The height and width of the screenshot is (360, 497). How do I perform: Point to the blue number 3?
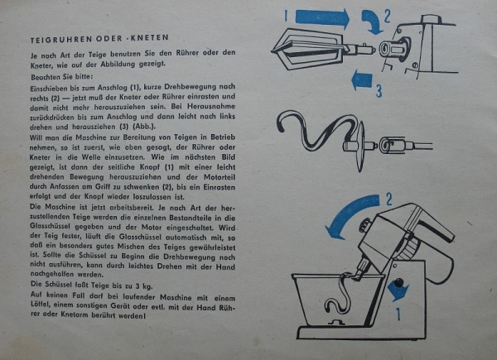pyautogui.click(x=379, y=90)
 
